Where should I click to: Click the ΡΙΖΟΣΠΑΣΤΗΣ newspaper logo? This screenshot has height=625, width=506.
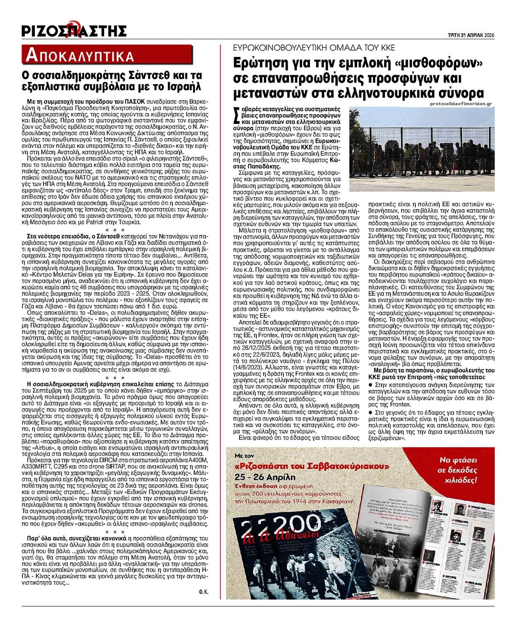[74, 30]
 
